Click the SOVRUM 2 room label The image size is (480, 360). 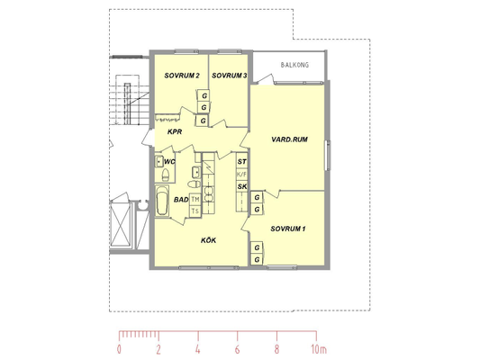(x=182, y=76)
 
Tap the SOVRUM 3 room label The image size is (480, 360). (x=230, y=76)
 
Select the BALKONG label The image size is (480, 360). (x=294, y=65)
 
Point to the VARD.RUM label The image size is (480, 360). (x=289, y=139)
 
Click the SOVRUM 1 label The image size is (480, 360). (x=288, y=229)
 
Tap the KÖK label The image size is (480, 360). (x=208, y=240)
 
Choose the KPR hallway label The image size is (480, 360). (x=175, y=131)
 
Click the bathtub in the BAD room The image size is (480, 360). (x=162, y=201)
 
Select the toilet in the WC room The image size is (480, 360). (x=166, y=175)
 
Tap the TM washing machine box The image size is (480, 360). (x=195, y=200)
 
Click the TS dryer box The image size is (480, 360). (x=195, y=211)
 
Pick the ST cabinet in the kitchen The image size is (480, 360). (x=242, y=161)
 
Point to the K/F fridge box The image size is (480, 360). (x=242, y=175)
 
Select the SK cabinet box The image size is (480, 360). (x=242, y=186)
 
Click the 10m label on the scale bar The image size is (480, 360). (x=319, y=349)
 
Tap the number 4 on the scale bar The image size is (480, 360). (x=198, y=349)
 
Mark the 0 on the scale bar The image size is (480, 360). (x=119, y=349)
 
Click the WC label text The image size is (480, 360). (x=169, y=161)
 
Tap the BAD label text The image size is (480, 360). (x=181, y=200)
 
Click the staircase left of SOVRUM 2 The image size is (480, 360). (x=129, y=99)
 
